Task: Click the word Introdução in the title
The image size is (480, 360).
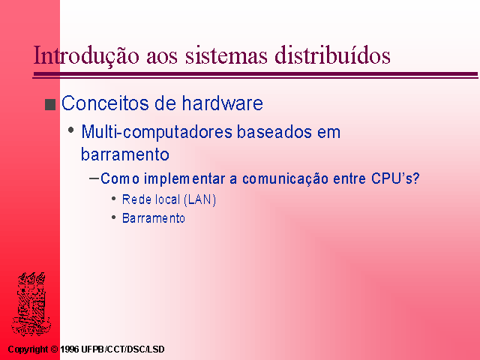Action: [x=86, y=55]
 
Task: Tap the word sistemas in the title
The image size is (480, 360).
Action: [x=226, y=55]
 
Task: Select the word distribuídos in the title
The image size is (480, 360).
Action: [x=332, y=55]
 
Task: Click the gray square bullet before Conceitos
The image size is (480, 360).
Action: [x=50, y=104]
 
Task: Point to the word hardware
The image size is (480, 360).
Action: [x=223, y=103]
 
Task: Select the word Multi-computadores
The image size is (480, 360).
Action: [x=157, y=133]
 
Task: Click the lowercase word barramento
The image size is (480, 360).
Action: [x=125, y=154]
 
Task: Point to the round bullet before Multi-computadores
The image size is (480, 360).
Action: [x=71, y=130]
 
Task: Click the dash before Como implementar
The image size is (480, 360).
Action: [x=94, y=178]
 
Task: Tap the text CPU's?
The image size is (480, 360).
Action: [x=395, y=178]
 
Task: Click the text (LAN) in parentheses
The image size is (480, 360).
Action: [x=200, y=199]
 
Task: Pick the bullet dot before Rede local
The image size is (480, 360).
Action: [x=113, y=199]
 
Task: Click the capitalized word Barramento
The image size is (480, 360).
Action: [x=154, y=218]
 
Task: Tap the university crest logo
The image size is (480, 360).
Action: [x=31, y=304]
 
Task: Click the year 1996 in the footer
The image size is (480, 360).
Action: [x=70, y=349]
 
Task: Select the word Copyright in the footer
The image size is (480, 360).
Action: [x=28, y=349]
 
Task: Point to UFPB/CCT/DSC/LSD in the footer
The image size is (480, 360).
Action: [x=123, y=349]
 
